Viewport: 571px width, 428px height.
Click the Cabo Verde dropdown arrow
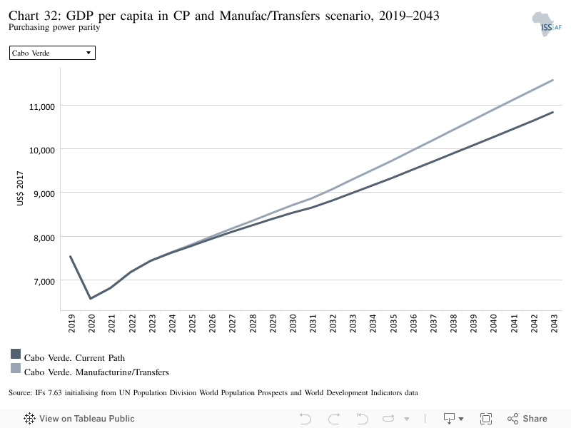tap(88, 53)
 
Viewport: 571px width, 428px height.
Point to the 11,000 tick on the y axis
tap(42, 106)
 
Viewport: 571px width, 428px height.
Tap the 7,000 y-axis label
tap(44, 281)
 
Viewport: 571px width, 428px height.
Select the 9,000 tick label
tap(44, 193)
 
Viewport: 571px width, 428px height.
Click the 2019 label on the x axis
tap(72, 323)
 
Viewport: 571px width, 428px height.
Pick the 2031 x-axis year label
tap(313, 323)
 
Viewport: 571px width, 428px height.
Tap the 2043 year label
tap(554, 323)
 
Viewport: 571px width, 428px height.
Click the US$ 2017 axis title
tap(20, 188)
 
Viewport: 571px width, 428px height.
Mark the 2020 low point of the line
tap(91, 298)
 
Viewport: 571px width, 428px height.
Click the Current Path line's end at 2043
tap(552, 112)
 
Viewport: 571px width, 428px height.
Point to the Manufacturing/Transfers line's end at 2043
tap(552, 80)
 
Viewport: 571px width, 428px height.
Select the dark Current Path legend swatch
tap(16, 354)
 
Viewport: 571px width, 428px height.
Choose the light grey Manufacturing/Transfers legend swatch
tap(16, 368)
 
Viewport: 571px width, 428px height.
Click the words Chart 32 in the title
tap(34, 16)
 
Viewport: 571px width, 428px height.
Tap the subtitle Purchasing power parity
tap(54, 27)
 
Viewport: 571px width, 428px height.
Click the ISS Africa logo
tap(546, 24)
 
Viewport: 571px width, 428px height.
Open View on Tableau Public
tap(79, 419)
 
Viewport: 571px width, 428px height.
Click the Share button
tap(527, 419)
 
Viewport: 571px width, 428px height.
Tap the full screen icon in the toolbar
tap(486, 419)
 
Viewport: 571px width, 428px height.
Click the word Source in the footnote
tap(20, 393)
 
